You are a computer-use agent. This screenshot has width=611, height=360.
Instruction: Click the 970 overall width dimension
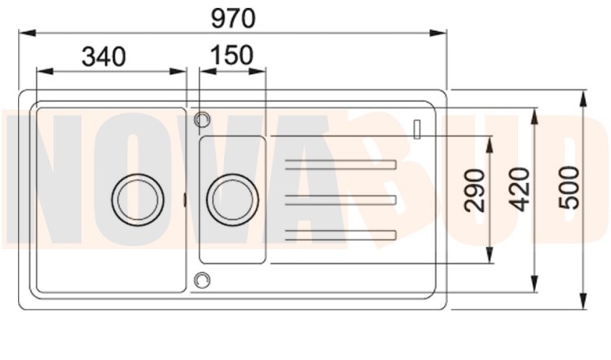(x=233, y=18)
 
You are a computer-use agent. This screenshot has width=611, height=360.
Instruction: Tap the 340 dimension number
(x=103, y=56)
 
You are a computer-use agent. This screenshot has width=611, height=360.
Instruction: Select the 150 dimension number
(x=232, y=55)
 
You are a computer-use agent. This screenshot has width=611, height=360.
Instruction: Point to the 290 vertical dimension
(x=475, y=191)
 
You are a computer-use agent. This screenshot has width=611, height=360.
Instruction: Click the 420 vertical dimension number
(x=520, y=189)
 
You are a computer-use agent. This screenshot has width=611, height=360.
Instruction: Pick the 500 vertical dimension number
(x=569, y=187)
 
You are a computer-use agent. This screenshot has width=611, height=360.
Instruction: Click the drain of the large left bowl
(x=138, y=200)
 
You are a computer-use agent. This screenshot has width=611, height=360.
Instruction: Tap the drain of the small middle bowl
(x=233, y=200)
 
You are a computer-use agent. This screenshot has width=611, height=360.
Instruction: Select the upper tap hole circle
(x=202, y=119)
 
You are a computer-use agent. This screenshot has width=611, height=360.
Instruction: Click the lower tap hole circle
(x=202, y=280)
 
